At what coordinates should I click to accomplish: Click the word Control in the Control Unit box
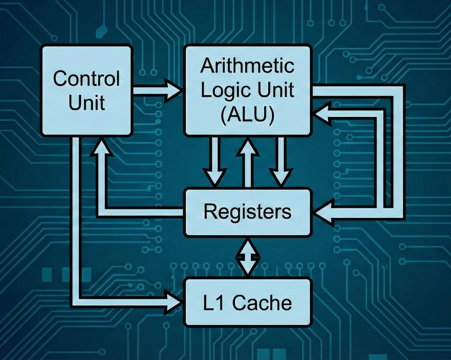click(86, 78)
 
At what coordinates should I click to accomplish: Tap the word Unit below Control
click(86, 102)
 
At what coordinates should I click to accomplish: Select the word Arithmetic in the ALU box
click(247, 66)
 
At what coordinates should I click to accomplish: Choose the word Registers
click(247, 212)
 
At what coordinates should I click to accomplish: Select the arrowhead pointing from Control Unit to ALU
click(174, 91)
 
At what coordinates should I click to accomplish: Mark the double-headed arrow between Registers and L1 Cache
click(248, 257)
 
